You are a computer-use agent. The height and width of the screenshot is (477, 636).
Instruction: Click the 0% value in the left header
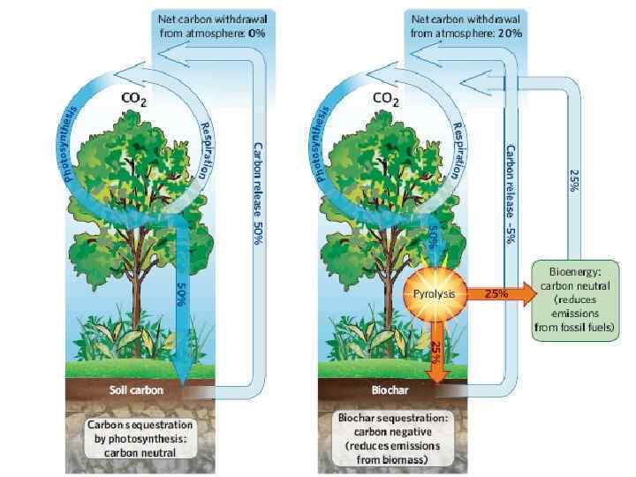pos(257,33)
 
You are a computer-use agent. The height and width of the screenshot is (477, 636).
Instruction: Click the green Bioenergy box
pos(576,299)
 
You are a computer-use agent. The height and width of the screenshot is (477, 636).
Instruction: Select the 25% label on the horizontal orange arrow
pos(495,293)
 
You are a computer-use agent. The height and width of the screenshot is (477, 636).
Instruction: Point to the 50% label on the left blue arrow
pos(180,294)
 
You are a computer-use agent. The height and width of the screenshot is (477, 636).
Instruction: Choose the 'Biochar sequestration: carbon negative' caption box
pos(385,436)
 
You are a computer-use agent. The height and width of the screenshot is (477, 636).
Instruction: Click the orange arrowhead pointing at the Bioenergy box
pos(527,293)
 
